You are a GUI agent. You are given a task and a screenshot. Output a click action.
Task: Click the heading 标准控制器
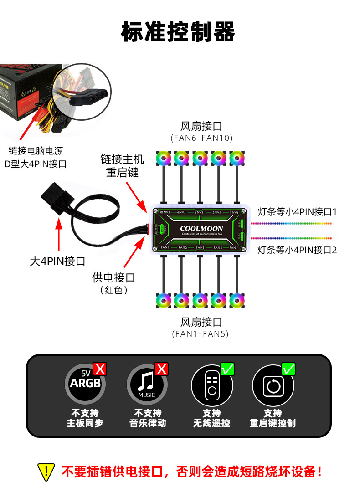(x=178, y=31)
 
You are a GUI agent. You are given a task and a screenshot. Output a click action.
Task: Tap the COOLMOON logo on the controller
(x=201, y=228)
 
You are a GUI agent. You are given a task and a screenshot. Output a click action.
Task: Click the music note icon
(x=147, y=385)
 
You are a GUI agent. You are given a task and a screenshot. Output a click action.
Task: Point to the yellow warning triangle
(x=46, y=471)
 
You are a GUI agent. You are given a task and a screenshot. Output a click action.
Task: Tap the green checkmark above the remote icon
(x=227, y=369)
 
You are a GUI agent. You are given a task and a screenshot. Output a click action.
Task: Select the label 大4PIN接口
(x=57, y=261)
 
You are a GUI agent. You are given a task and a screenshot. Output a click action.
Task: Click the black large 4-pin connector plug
(x=57, y=197)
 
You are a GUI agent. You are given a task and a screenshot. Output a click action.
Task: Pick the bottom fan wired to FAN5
(x=237, y=300)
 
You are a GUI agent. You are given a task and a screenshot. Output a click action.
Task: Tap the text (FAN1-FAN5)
(x=201, y=334)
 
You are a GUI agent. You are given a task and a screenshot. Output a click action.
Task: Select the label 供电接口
(x=113, y=277)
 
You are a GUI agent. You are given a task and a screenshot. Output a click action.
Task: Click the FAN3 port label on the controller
(x=200, y=247)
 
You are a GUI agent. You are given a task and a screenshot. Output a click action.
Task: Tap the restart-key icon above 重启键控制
(x=273, y=386)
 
